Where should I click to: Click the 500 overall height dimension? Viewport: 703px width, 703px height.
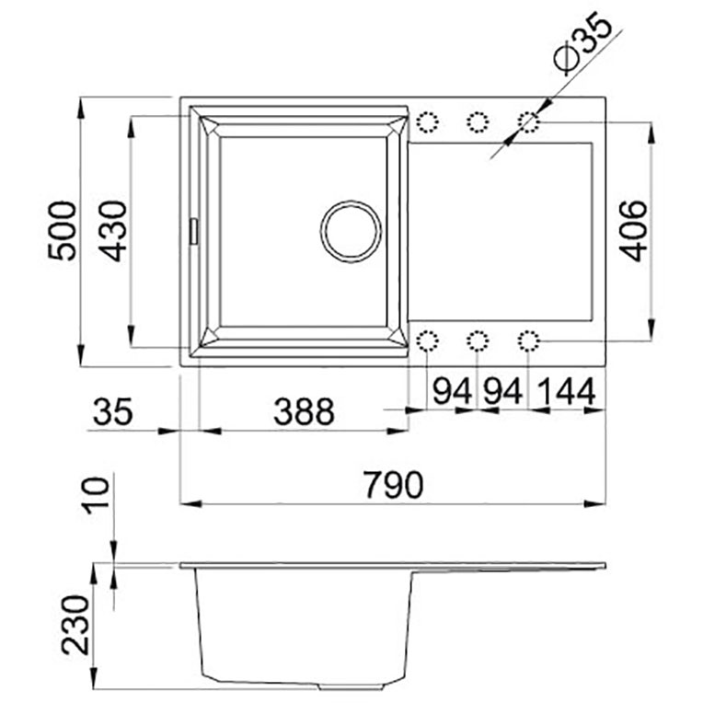(62, 231)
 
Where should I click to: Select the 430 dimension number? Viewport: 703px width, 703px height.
(112, 231)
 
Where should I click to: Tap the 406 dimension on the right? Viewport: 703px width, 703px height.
(633, 231)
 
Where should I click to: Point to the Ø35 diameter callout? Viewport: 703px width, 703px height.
(582, 44)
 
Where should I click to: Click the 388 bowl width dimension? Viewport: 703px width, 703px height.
(304, 411)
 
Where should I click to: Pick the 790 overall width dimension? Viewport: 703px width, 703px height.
(393, 485)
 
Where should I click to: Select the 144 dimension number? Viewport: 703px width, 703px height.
(566, 391)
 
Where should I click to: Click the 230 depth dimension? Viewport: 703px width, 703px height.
(75, 625)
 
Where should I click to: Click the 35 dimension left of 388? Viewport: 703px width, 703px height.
(112, 411)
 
